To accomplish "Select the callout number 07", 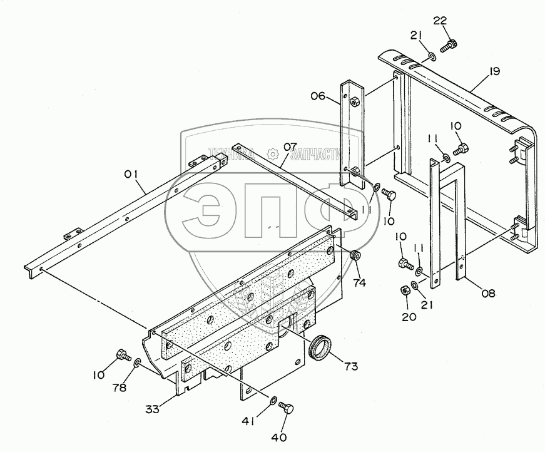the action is click(290, 147).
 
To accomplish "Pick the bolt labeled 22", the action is click(450, 44).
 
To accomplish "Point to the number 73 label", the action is click(350, 366).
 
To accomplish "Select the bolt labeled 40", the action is click(288, 408).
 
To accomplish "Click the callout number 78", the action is click(120, 387).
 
